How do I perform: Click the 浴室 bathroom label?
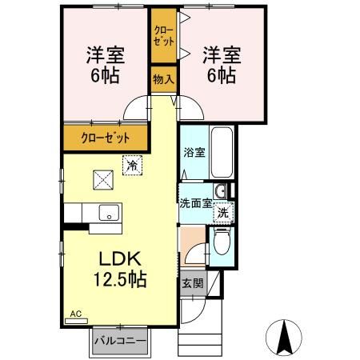point(193,152)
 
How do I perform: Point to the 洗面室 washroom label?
point(194,203)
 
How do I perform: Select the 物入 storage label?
point(164,79)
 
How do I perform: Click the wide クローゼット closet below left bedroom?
point(106,138)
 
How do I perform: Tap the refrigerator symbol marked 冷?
point(130,166)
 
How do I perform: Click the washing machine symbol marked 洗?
point(225,212)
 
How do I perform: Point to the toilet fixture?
point(222,242)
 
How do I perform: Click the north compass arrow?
point(284,336)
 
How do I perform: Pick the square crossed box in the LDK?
point(102,180)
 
